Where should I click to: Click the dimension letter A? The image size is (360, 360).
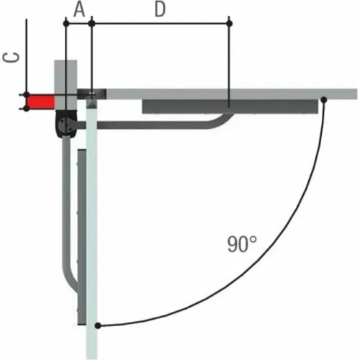79,10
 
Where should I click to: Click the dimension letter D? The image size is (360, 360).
160,9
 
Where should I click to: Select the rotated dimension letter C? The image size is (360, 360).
11,58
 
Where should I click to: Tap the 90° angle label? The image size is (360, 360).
242,244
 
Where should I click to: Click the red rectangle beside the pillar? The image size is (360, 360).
41,102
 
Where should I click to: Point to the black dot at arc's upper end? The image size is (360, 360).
324,99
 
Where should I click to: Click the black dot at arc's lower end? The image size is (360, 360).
98,325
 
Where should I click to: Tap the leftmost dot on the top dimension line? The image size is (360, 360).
66,24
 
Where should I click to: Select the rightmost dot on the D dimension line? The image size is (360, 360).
229,24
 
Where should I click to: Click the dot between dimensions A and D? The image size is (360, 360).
91,24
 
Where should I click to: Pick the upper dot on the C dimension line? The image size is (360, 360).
27,94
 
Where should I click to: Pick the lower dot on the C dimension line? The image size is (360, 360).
27,109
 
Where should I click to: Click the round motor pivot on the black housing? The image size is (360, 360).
64,125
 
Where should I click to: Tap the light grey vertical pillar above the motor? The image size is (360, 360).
66,85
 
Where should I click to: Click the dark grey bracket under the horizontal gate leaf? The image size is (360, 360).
230,107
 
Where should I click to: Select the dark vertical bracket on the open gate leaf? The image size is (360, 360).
81,237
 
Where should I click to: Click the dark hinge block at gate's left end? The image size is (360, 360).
92,94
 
